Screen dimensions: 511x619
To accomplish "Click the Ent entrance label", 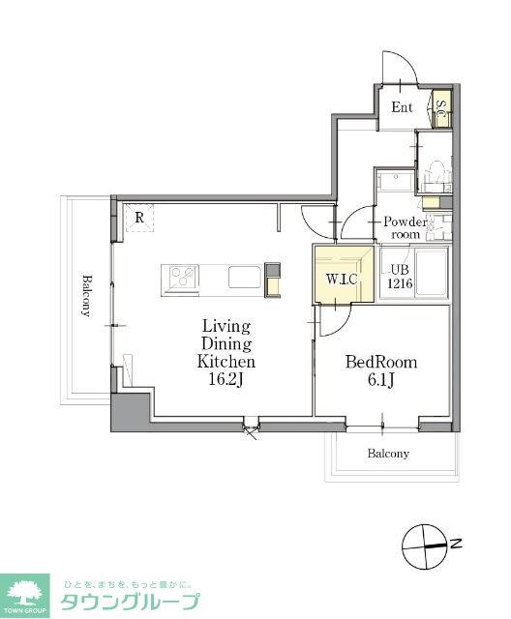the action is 402,107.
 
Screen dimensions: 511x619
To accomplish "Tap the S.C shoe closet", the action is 442,108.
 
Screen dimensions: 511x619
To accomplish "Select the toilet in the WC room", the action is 436,173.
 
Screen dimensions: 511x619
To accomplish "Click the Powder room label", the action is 406,228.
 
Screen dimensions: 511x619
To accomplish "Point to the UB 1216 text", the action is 400,276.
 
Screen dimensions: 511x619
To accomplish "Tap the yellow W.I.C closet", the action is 344,274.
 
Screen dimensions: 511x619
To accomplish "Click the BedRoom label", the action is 381,362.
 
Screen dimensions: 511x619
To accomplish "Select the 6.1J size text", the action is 380,380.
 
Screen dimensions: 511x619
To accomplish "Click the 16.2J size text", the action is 225,379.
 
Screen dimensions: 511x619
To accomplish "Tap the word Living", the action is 226,327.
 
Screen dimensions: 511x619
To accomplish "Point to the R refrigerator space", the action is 139,218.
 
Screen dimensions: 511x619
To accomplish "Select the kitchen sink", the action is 245,277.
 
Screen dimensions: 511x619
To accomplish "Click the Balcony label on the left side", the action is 86,296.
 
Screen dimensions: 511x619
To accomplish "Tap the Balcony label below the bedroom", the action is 388,454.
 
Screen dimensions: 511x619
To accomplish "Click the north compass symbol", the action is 424,546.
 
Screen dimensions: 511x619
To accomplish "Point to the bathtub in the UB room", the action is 432,273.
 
